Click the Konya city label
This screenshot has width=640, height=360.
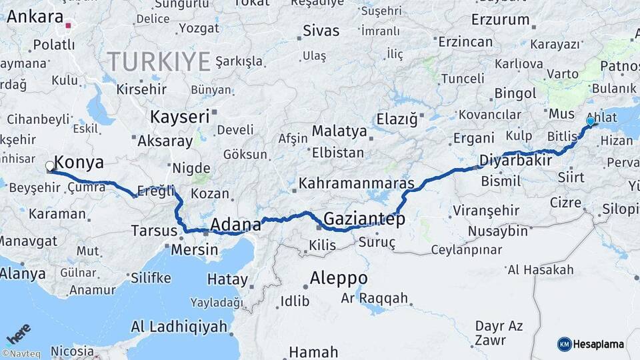79,163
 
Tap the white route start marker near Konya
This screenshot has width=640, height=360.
50,166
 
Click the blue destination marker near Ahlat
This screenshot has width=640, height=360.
590,122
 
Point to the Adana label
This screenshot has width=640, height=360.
235,225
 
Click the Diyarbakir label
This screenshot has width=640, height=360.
515,161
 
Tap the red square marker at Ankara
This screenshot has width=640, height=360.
68,27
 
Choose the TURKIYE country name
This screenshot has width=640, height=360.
159,62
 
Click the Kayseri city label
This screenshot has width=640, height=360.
179,117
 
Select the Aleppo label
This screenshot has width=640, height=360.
339,277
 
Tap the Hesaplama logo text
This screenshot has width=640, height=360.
599,344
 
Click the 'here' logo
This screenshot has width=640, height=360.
18,333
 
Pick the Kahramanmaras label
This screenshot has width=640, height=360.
357,183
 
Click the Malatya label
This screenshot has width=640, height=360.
339,131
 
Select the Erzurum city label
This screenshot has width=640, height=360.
500,20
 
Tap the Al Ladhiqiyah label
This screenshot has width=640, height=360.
179,327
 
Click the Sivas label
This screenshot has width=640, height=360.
321,31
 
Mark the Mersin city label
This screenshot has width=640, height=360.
195,250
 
